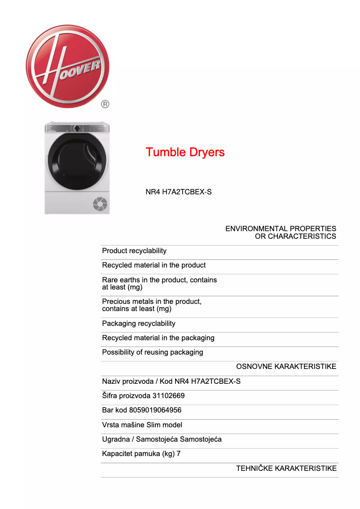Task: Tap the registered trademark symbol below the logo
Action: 105,104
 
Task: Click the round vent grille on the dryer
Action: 100,204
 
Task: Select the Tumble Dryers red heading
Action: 185,152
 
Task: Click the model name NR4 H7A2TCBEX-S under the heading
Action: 178,192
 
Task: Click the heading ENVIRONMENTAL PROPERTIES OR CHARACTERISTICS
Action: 281,233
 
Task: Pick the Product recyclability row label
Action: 134,251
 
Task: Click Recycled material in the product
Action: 154,265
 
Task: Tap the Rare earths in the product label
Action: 159,283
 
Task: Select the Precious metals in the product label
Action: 152,305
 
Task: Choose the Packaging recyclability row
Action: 139,324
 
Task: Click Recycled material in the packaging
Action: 158,338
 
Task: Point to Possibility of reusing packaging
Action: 153,352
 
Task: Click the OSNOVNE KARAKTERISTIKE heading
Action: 286,367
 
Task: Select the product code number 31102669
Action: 168,396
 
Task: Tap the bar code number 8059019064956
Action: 155,410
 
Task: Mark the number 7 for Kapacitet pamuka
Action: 179,454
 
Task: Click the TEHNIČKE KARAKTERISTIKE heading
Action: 286,469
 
